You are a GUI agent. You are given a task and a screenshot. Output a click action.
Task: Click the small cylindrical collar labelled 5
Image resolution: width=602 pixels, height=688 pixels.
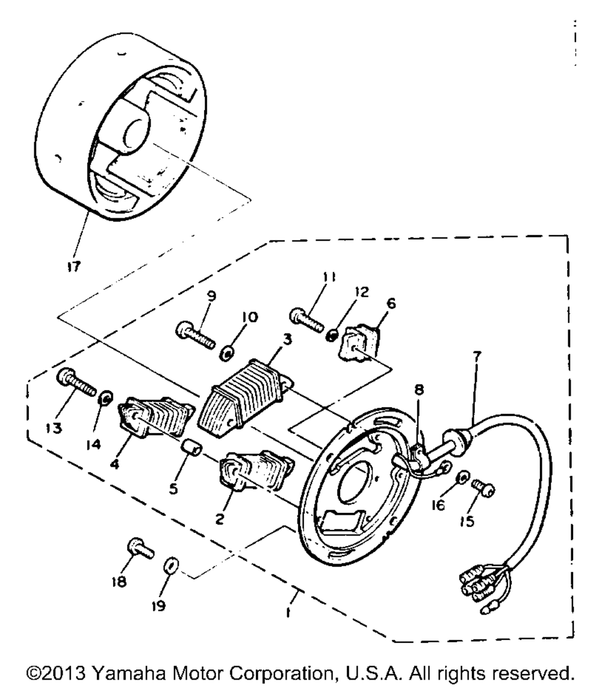point(190,450)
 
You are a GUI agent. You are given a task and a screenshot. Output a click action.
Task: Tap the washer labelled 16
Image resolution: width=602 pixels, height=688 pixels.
point(461,477)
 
